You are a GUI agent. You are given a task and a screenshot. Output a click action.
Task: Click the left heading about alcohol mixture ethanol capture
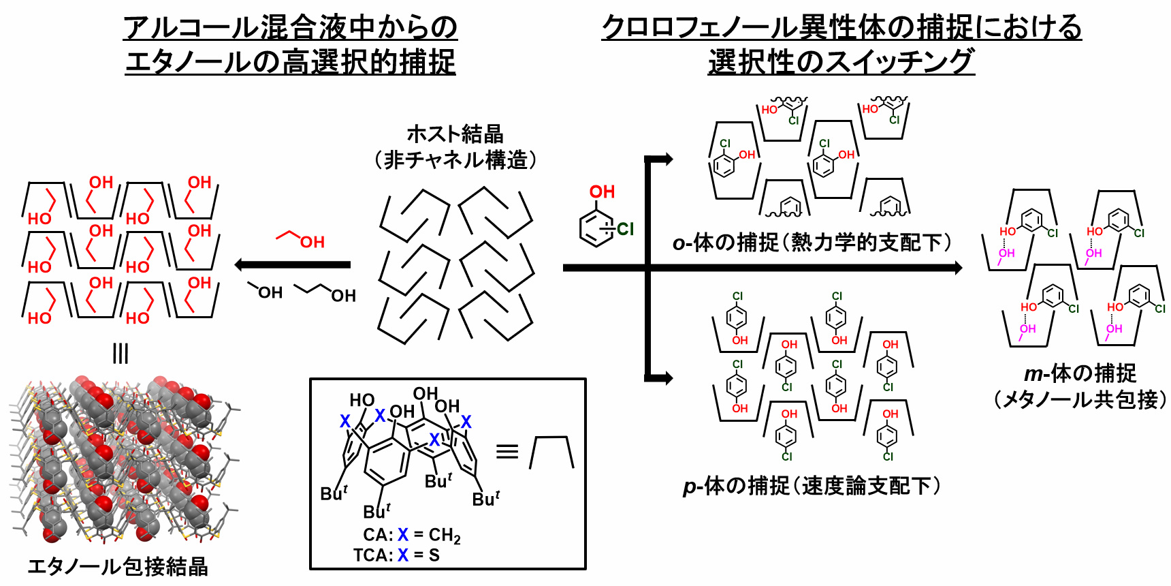point(290,45)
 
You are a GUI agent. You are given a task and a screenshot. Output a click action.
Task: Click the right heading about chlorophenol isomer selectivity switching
point(841,45)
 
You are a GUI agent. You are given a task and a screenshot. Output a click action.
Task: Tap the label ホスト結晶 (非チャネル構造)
point(455,146)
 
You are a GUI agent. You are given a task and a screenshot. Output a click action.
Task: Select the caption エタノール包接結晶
point(117,566)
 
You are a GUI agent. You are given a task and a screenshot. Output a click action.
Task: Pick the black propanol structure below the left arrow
point(325,292)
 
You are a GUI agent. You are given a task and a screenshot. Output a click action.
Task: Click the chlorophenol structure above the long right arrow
point(603,217)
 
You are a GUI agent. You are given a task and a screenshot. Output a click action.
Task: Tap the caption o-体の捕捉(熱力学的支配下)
point(812,243)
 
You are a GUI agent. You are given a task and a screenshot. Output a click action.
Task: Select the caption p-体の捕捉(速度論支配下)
point(812,486)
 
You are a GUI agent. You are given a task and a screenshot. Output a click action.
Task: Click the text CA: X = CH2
point(411,536)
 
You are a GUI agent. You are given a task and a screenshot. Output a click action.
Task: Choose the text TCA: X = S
point(396,555)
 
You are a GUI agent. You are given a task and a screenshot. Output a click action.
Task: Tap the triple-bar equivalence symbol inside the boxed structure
point(507,452)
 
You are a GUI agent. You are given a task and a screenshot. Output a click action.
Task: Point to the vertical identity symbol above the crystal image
point(121,354)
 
